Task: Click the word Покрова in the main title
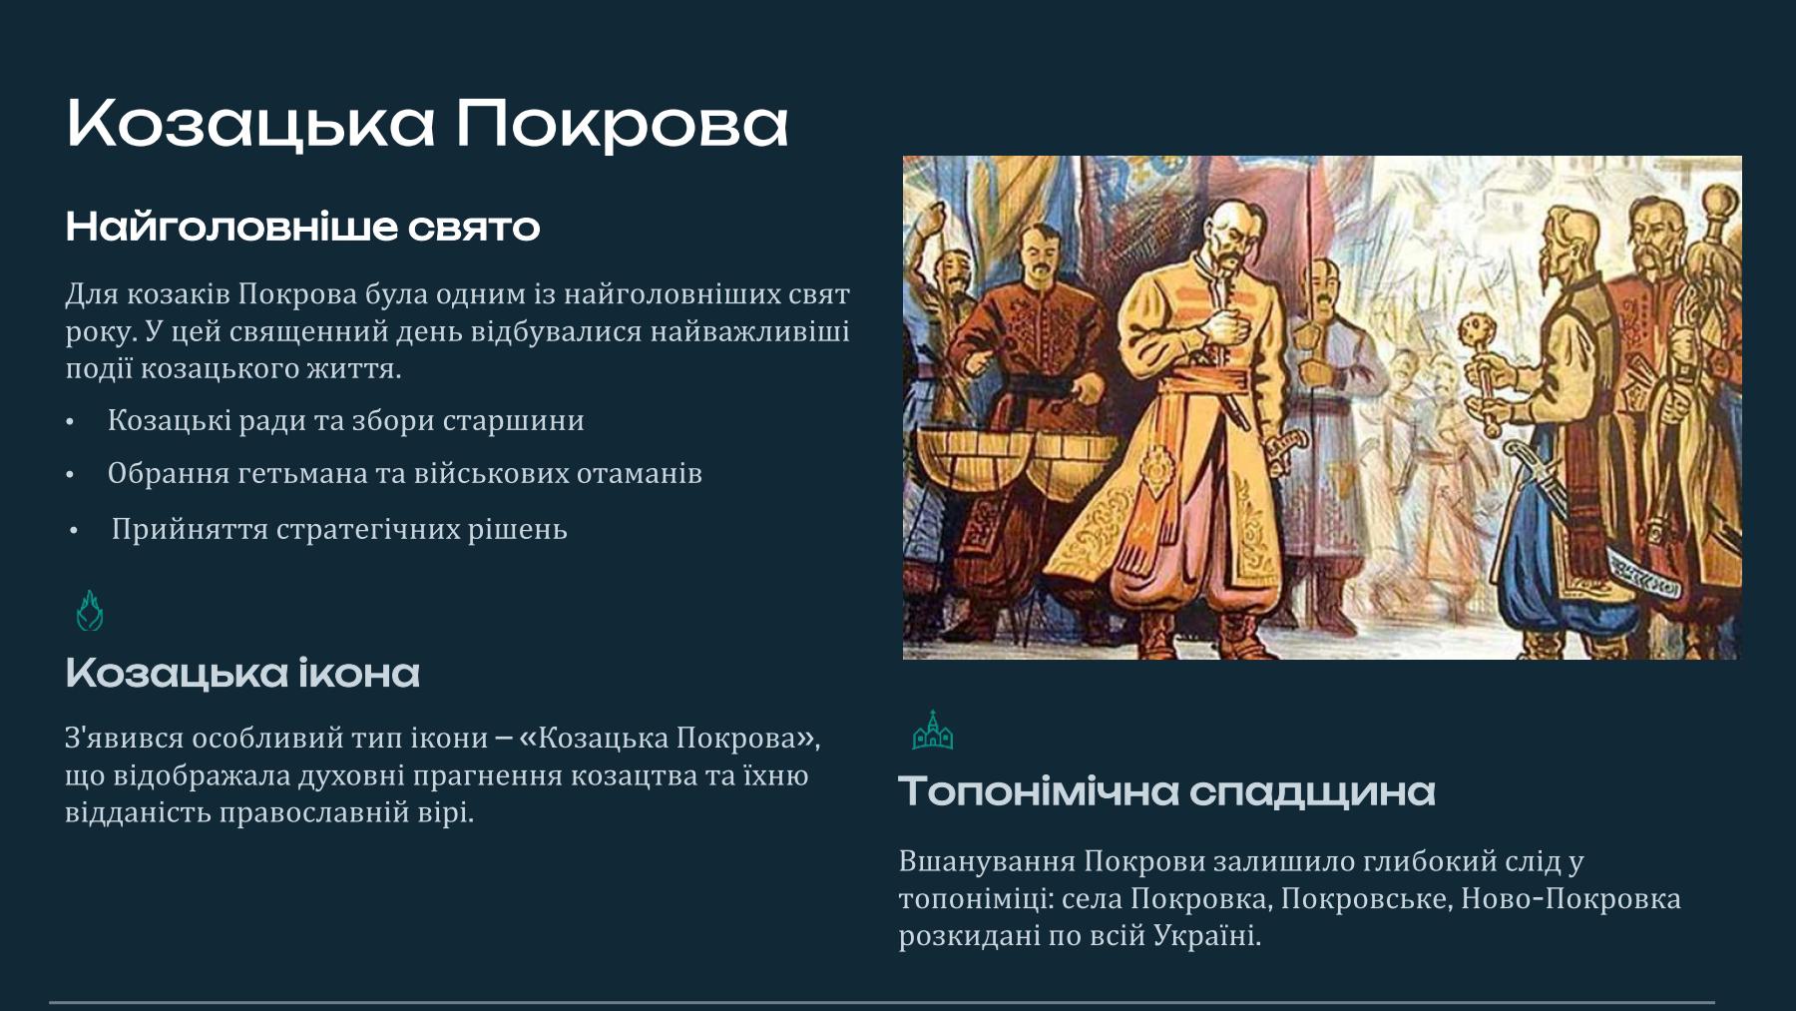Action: [x=622, y=125]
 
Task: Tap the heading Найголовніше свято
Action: [x=302, y=228]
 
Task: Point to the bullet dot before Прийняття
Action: [x=74, y=532]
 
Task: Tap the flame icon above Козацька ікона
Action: [x=90, y=610]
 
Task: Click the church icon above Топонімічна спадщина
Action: [x=932, y=731]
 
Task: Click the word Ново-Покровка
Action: [x=1571, y=899]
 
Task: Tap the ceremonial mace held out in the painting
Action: [x=1478, y=369]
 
